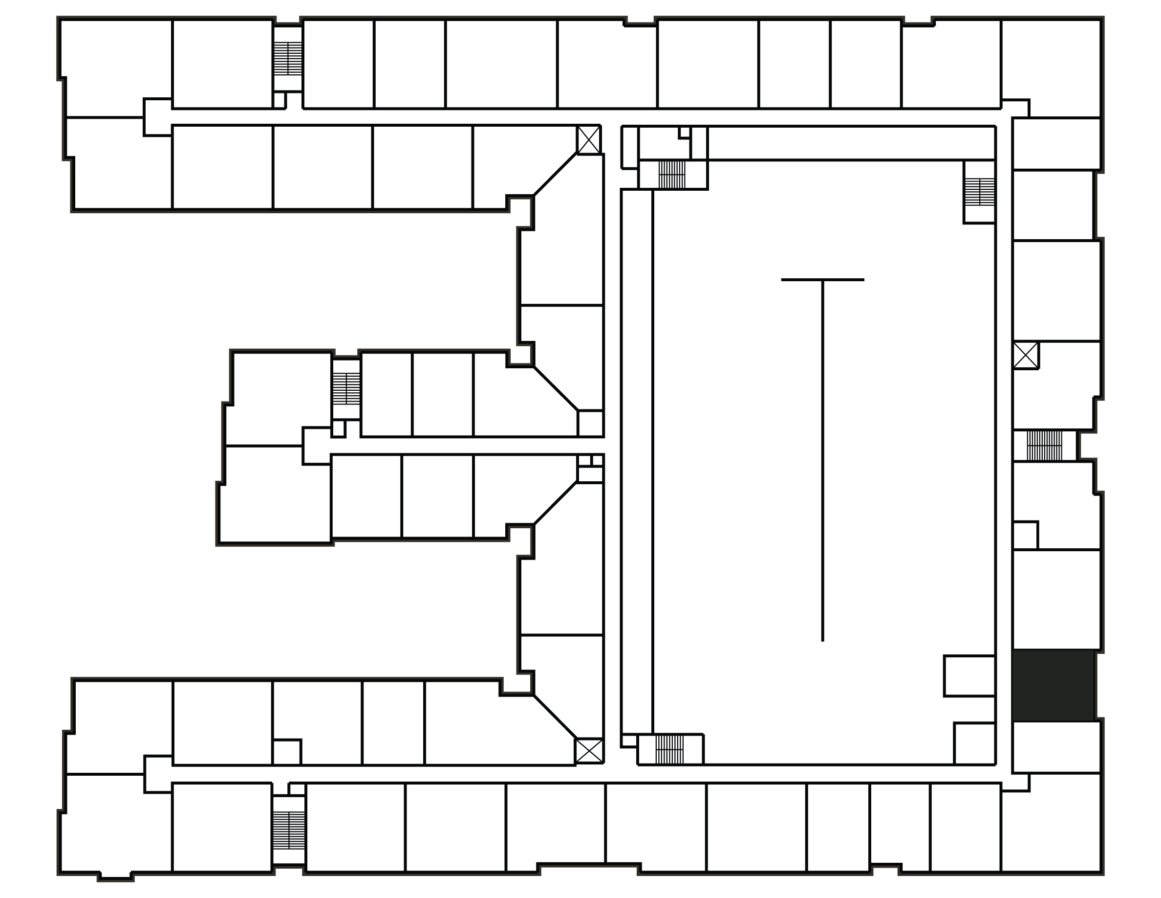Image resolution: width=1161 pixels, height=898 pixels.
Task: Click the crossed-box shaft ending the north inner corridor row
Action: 589,140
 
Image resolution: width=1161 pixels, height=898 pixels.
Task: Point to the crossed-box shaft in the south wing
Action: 589,751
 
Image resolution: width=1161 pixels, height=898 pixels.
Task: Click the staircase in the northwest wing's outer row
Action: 288,59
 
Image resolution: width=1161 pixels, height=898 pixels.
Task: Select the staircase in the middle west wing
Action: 346,388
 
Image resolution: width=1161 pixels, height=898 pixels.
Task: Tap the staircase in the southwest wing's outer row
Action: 289,831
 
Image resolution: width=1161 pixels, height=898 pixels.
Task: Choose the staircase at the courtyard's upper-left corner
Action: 672,174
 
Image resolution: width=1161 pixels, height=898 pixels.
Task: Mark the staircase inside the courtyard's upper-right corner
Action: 980,192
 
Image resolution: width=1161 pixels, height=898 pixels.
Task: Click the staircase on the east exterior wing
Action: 1044,445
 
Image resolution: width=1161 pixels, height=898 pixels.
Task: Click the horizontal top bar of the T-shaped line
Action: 822,280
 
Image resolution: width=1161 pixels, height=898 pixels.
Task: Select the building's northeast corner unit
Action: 1051,67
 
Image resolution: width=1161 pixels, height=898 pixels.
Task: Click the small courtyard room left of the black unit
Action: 969,675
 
